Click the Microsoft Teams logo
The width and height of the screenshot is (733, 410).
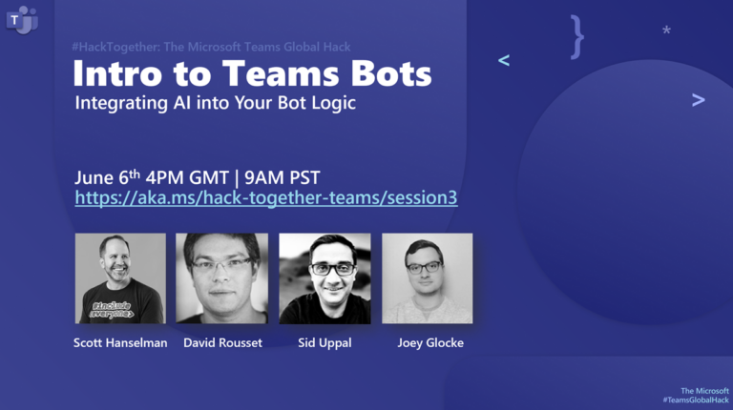pyautogui.click(x=22, y=20)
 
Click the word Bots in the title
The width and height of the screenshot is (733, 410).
pyautogui.click(x=391, y=73)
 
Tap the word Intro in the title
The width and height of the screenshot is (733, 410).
pyautogui.click(x=117, y=73)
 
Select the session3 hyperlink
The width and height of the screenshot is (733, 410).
pyautogui.click(x=266, y=197)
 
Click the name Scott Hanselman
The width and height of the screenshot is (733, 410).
pyautogui.click(x=120, y=342)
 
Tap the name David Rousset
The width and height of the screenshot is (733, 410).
pyautogui.click(x=222, y=342)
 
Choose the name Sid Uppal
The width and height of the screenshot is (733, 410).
pyautogui.click(x=325, y=343)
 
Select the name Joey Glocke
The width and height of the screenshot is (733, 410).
pyautogui.click(x=430, y=343)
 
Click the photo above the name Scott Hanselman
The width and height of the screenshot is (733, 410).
pyautogui.click(x=120, y=278)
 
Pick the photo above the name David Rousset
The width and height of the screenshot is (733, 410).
pyautogui.click(x=222, y=278)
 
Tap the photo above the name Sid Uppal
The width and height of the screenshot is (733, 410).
pyautogui.click(x=325, y=278)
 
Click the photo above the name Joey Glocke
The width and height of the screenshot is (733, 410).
pyautogui.click(x=428, y=278)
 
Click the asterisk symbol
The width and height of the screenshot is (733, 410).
pyautogui.click(x=666, y=31)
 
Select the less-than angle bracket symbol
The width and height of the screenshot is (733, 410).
pyautogui.click(x=504, y=60)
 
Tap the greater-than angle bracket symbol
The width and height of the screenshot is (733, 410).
pyautogui.click(x=699, y=100)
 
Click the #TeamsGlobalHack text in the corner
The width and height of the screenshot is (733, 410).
pyautogui.click(x=696, y=400)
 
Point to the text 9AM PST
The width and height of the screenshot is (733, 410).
pyautogui.click(x=283, y=178)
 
